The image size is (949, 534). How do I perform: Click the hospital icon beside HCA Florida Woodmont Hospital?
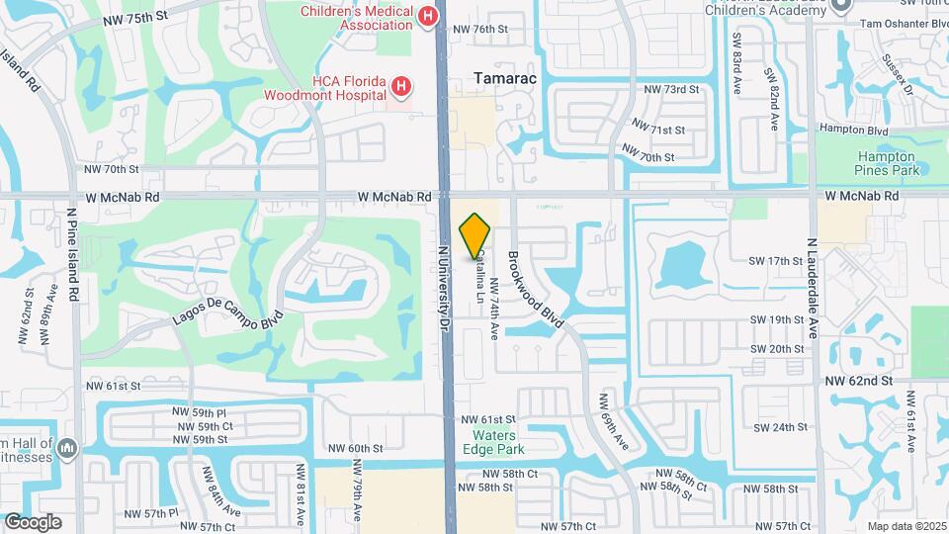pyautogui.click(x=400, y=87)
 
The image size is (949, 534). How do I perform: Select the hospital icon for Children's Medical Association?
pyautogui.click(x=427, y=16)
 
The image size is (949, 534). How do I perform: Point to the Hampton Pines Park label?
pyautogui.click(x=886, y=163)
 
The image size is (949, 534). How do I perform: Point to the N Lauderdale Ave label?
pyautogui.click(x=814, y=287)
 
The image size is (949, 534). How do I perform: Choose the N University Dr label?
pyautogui.click(x=445, y=287)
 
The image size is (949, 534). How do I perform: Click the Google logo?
pyautogui.click(x=33, y=521)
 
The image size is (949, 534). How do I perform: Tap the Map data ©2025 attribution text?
pyautogui.click(x=906, y=525)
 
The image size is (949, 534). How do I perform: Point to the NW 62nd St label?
pyautogui.click(x=859, y=380)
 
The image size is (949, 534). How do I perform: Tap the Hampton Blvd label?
pyautogui.click(x=853, y=130)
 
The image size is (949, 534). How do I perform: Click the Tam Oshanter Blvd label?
pyautogui.click(x=902, y=23)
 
